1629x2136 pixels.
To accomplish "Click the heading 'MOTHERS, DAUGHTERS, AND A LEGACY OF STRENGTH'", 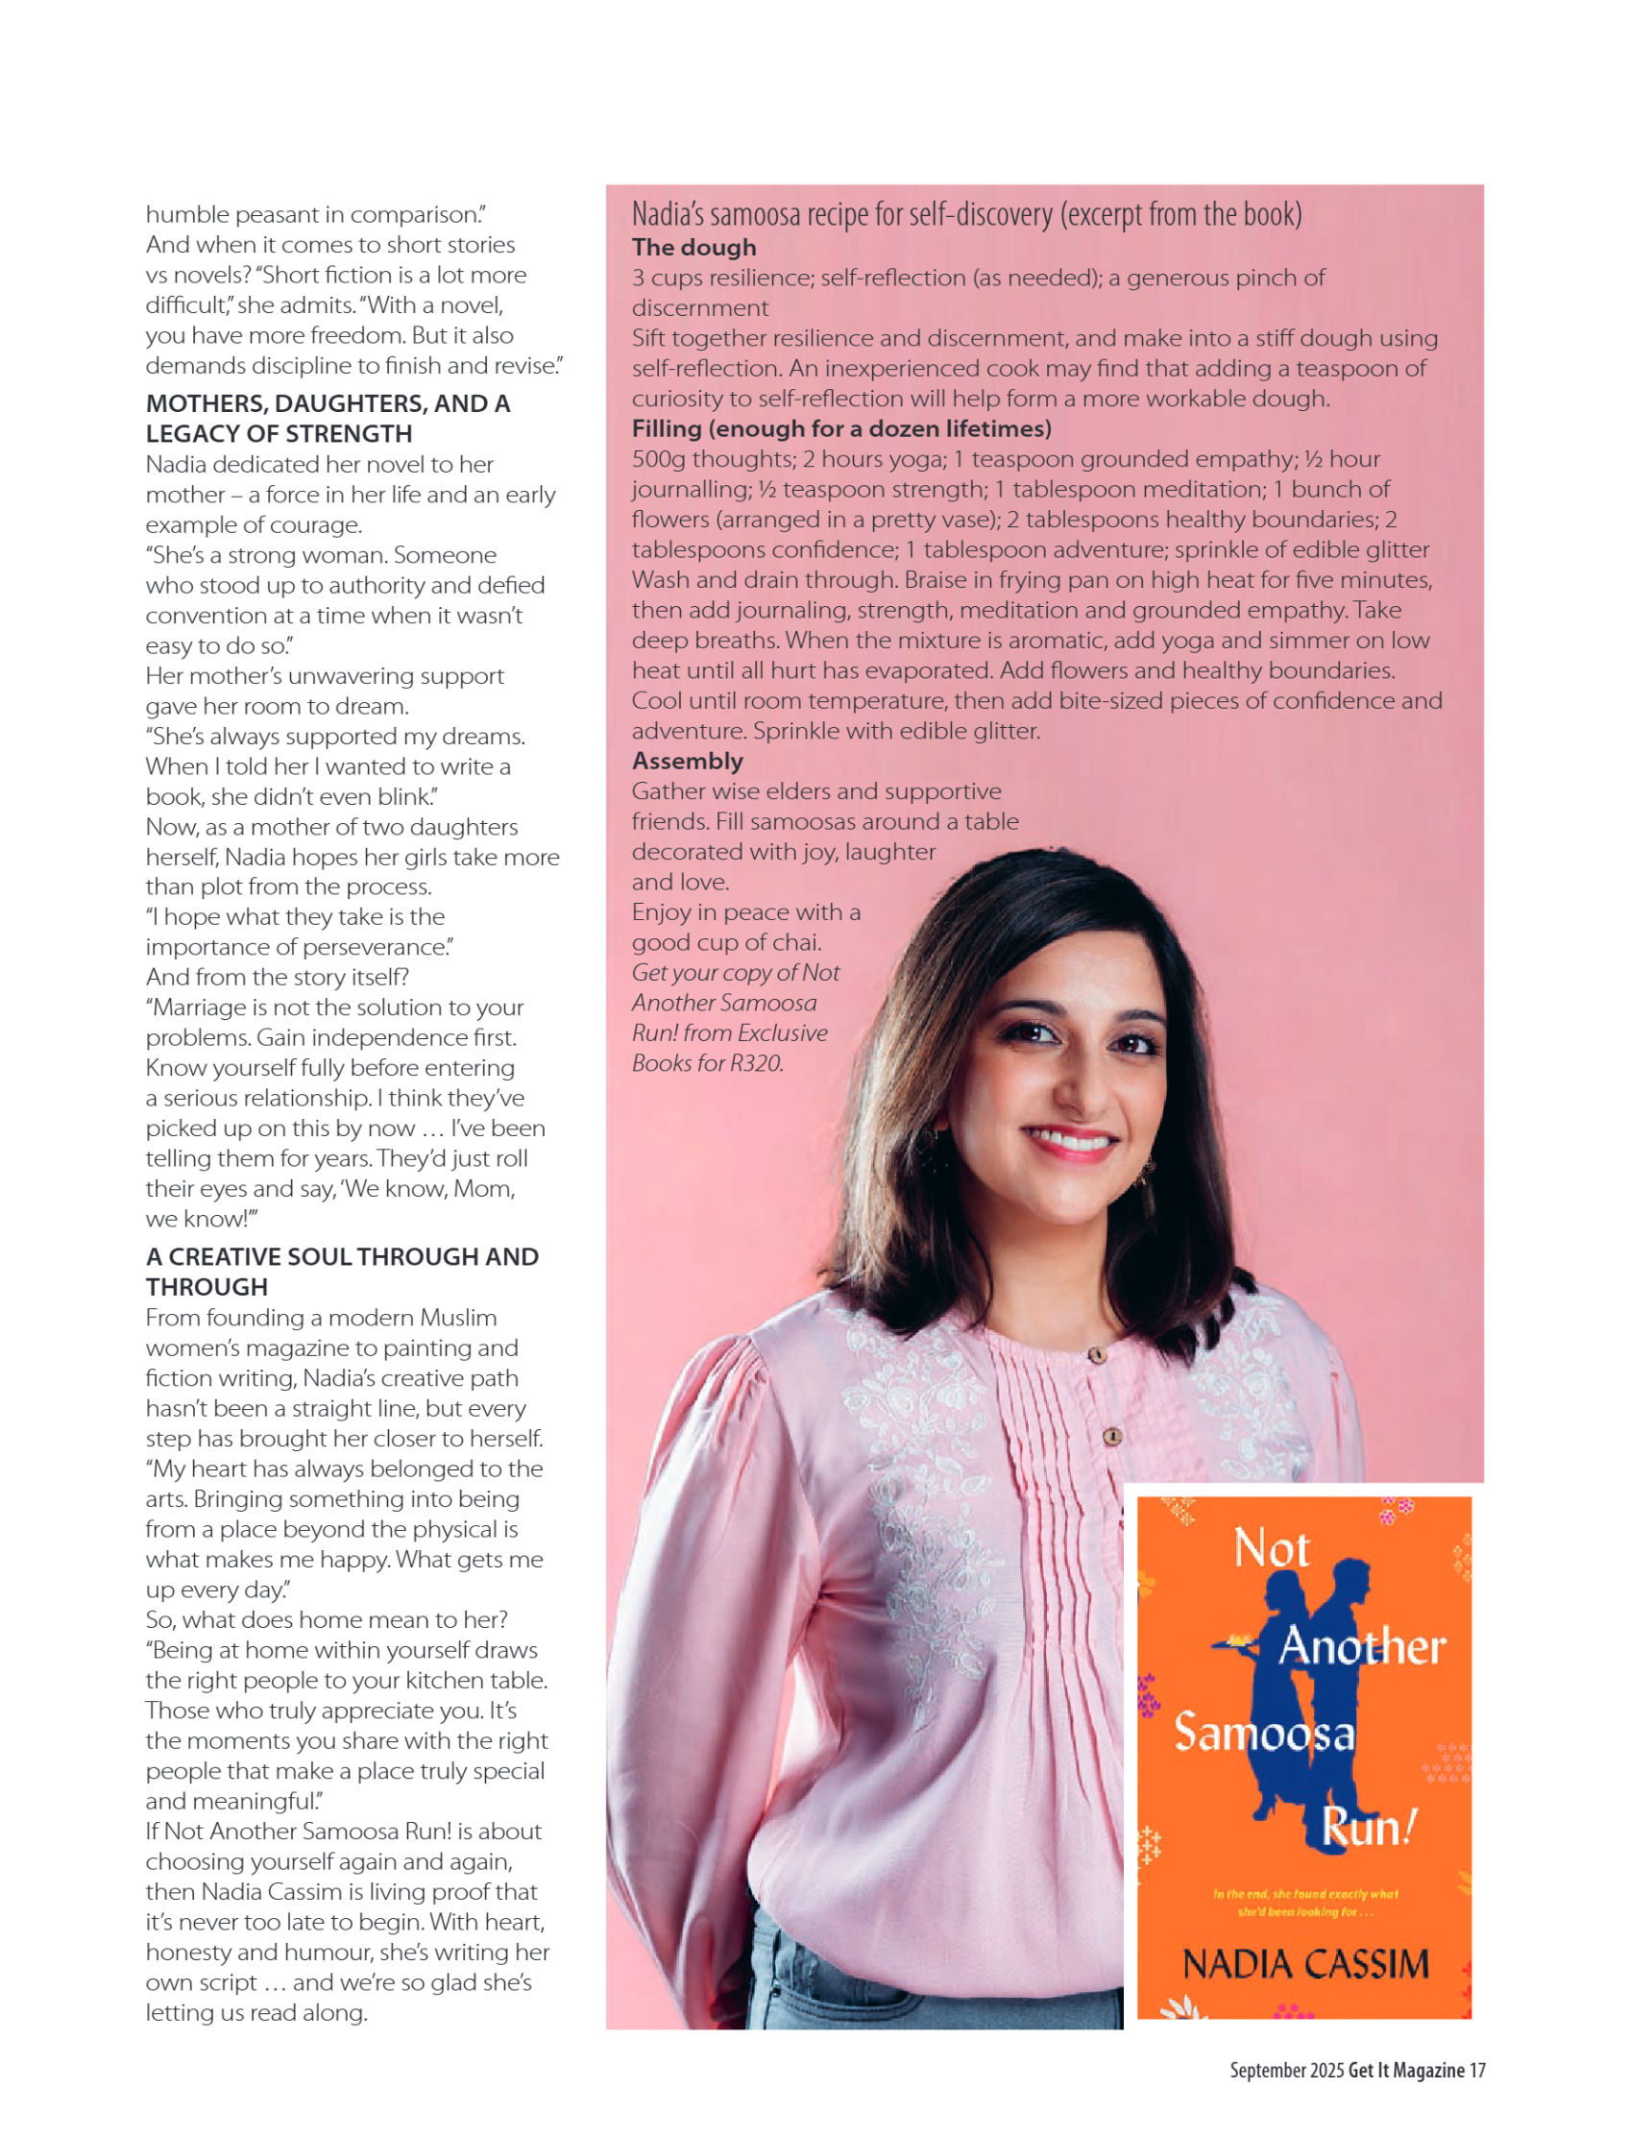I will click(328, 418).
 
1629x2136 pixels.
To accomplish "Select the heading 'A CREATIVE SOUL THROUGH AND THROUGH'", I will click(342, 1271).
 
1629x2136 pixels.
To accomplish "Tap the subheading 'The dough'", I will click(693, 247).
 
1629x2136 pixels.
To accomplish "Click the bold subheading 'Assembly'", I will click(688, 761).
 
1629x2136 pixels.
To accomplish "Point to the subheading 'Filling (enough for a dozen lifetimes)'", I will click(841, 428).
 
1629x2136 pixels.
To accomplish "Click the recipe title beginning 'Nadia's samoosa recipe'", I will click(965, 214).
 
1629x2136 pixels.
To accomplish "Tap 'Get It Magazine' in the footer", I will click(1406, 2070).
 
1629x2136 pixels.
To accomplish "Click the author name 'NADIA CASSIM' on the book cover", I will click(1305, 1964).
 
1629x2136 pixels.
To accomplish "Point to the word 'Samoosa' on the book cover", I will click(1264, 1733).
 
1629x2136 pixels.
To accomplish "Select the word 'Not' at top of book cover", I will click(1271, 1548).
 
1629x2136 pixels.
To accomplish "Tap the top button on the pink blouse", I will click(1097, 1354).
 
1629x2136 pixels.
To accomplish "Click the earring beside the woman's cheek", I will click(1147, 1172).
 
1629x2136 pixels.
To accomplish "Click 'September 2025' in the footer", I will click(1287, 2070).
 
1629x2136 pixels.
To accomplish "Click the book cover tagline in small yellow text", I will click(1305, 1903).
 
